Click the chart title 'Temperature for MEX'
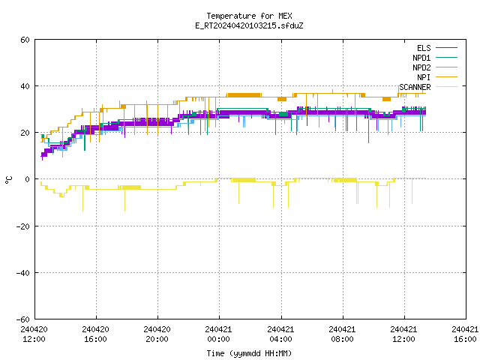coord(249,16)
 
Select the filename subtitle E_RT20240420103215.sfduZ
coord(249,25)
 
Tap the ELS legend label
coord(424,48)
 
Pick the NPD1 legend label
coord(421,58)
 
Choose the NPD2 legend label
coord(421,67)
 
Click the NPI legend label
coord(424,77)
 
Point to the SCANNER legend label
coord(415,87)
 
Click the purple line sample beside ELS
coord(447,48)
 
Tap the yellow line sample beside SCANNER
coord(447,87)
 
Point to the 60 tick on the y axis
coord(25,40)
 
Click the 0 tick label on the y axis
coord(27,179)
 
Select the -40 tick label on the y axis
coord(23,273)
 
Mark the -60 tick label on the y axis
coord(23,319)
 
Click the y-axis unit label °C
coord(9,180)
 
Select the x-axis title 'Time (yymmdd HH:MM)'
coord(249,353)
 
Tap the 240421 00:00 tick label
coord(218,334)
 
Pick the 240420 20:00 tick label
coord(157,334)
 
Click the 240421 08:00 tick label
coord(342,334)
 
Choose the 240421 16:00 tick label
coord(465,334)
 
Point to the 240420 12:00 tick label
coord(34,334)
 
